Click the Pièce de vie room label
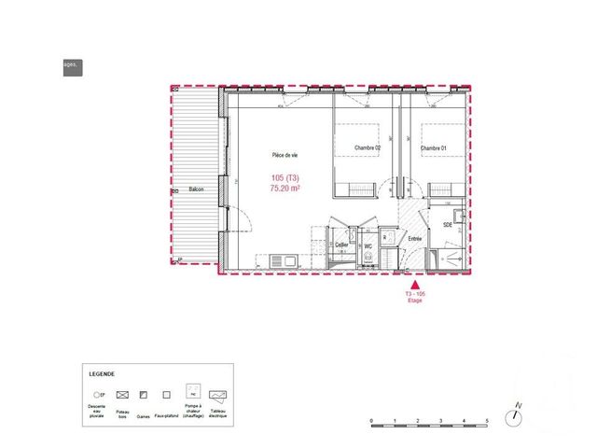click(x=285, y=155)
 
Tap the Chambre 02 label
click(x=367, y=148)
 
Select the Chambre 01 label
click(x=434, y=148)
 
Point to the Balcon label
click(x=196, y=189)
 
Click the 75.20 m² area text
click(x=285, y=189)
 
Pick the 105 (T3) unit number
click(x=285, y=177)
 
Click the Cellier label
click(x=342, y=245)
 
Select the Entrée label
click(x=415, y=239)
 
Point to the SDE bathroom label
click(x=447, y=225)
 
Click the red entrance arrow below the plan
click(x=415, y=287)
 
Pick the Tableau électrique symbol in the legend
click(x=219, y=394)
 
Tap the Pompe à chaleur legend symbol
click(x=193, y=391)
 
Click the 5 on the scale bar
click(x=487, y=422)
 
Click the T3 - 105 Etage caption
click(x=415, y=298)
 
